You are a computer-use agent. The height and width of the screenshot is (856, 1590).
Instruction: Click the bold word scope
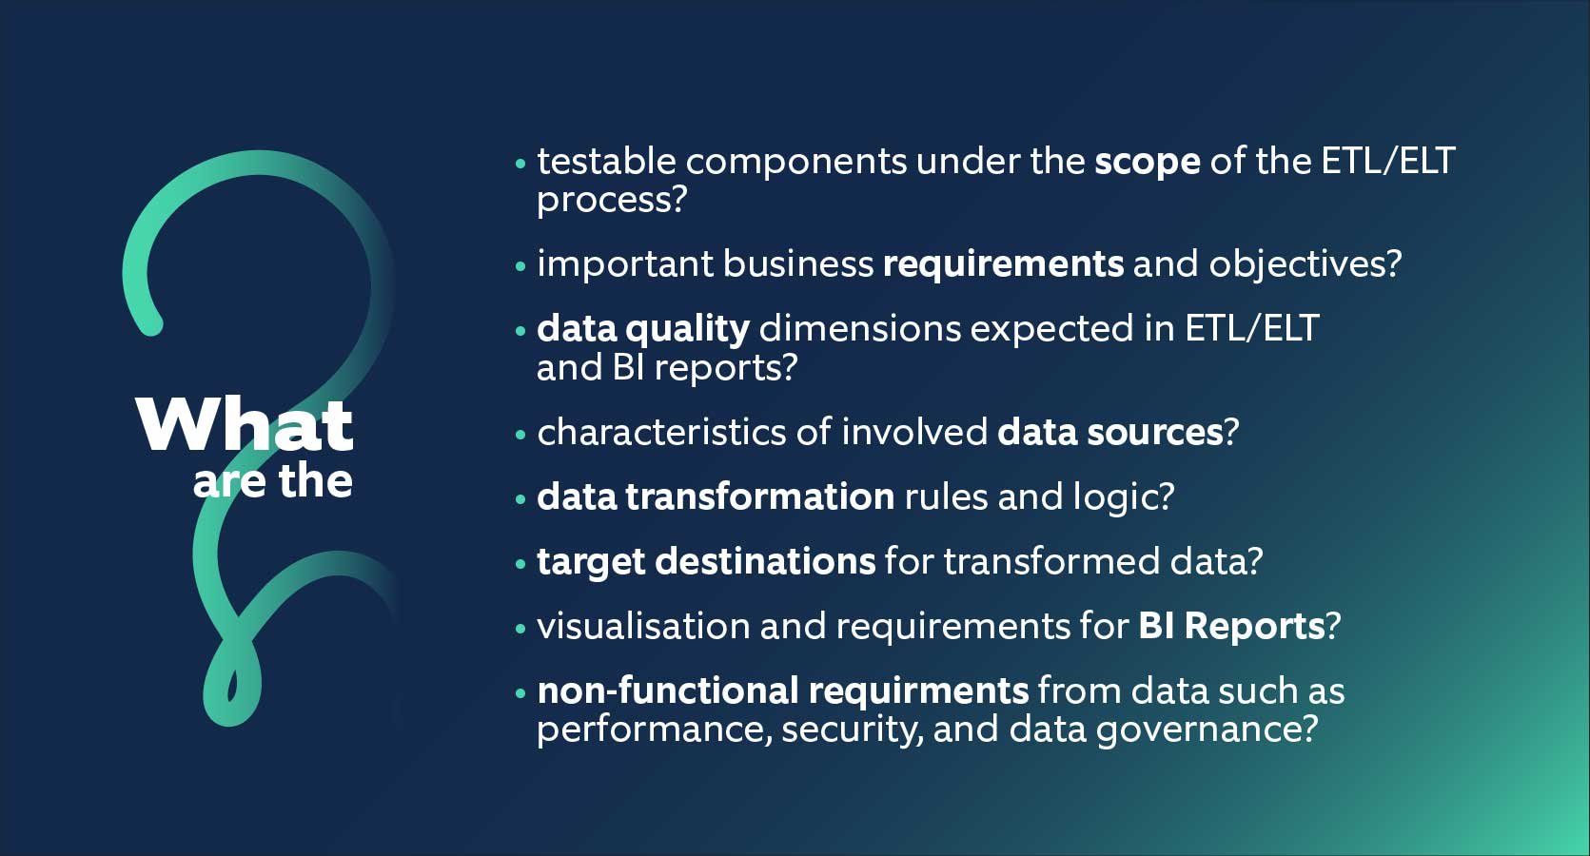click(1147, 162)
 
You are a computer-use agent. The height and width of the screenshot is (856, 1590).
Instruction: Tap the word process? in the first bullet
click(611, 200)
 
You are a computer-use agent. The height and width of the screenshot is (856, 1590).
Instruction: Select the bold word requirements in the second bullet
click(1003, 263)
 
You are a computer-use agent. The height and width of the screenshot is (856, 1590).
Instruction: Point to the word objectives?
click(1305, 263)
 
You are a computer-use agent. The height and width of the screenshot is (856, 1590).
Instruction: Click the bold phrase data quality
click(642, 329)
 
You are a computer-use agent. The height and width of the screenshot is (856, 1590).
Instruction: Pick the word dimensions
click(859, 328)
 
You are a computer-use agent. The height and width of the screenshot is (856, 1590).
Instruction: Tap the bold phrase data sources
click(1109, 432)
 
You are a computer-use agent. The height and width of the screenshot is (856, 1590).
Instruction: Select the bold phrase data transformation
click(715, 496)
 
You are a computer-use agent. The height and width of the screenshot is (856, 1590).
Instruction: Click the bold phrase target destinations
click(705, 561)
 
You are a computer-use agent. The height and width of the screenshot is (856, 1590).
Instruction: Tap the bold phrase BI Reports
click(1231, 626)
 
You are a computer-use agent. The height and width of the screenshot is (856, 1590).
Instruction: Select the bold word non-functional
click(667, 691)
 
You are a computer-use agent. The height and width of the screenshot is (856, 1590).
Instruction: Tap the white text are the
click(273, 481)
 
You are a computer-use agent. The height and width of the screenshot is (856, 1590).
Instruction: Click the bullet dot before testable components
click(520, 164)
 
